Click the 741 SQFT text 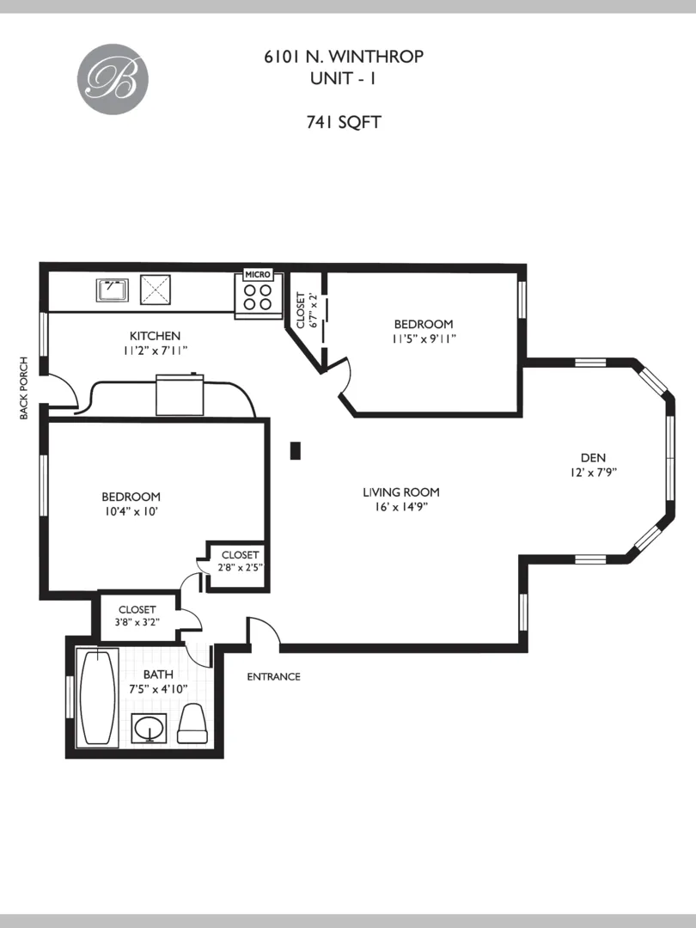[x=344, y=122]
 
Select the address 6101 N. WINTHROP [x=344, y=58]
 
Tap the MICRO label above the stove [x=258, y=274]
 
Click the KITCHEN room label [x=155, y=336]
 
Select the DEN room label [x=594, y=457]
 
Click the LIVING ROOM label [x=400, y=492]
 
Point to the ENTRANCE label [x=273, y=676]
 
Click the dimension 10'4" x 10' [x=131, y=511]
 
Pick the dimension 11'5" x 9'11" [x=423, y=339]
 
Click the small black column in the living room [x=295, y=450]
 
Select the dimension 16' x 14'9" [x=400, y=507]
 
